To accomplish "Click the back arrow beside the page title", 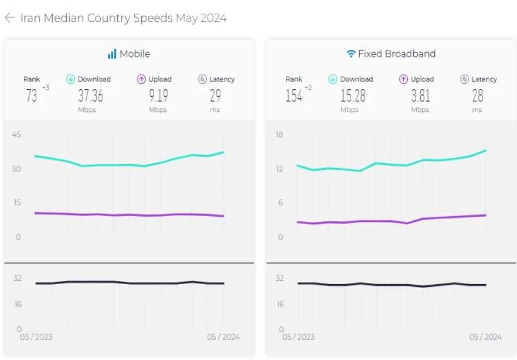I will (9, 18).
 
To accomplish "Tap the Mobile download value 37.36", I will (91, 96).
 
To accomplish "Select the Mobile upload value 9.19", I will (158, 96).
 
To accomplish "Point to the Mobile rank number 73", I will (32, 96).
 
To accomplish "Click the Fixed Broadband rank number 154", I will (294, 96).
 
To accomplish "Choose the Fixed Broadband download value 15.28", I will (352, 96).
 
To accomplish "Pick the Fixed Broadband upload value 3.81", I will (420, 96).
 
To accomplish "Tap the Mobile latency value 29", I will (215, 96).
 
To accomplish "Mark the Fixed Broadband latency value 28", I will (477, 96).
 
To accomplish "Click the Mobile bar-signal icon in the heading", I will (112, 54).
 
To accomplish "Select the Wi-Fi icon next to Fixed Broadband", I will (351, 54).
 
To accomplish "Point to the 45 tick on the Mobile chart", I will (16, 135).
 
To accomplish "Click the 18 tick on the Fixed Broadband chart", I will (279, 135).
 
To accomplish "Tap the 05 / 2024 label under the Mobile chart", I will (223, 337).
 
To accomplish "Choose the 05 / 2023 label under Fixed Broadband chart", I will (298, 337).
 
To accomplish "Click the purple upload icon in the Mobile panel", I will (142, 79).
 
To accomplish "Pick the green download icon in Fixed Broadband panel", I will (333, 79).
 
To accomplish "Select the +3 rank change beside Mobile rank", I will (45, 87).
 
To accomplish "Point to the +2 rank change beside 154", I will (308, 87).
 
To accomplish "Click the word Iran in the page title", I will (30, 18).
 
